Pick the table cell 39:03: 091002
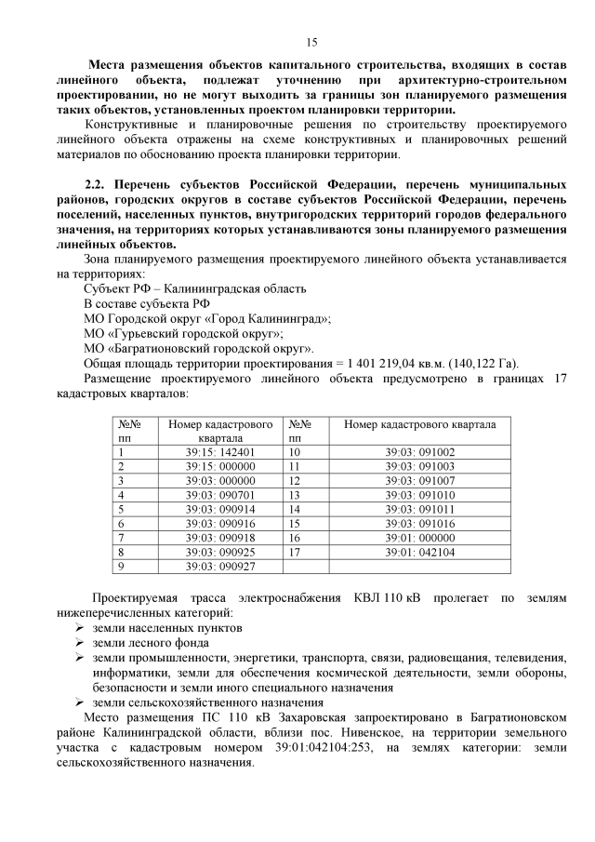pos(419,452)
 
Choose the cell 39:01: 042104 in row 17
pos(419,551)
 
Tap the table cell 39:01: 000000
pos(419,537)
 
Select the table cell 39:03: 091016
pos(419,523)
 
